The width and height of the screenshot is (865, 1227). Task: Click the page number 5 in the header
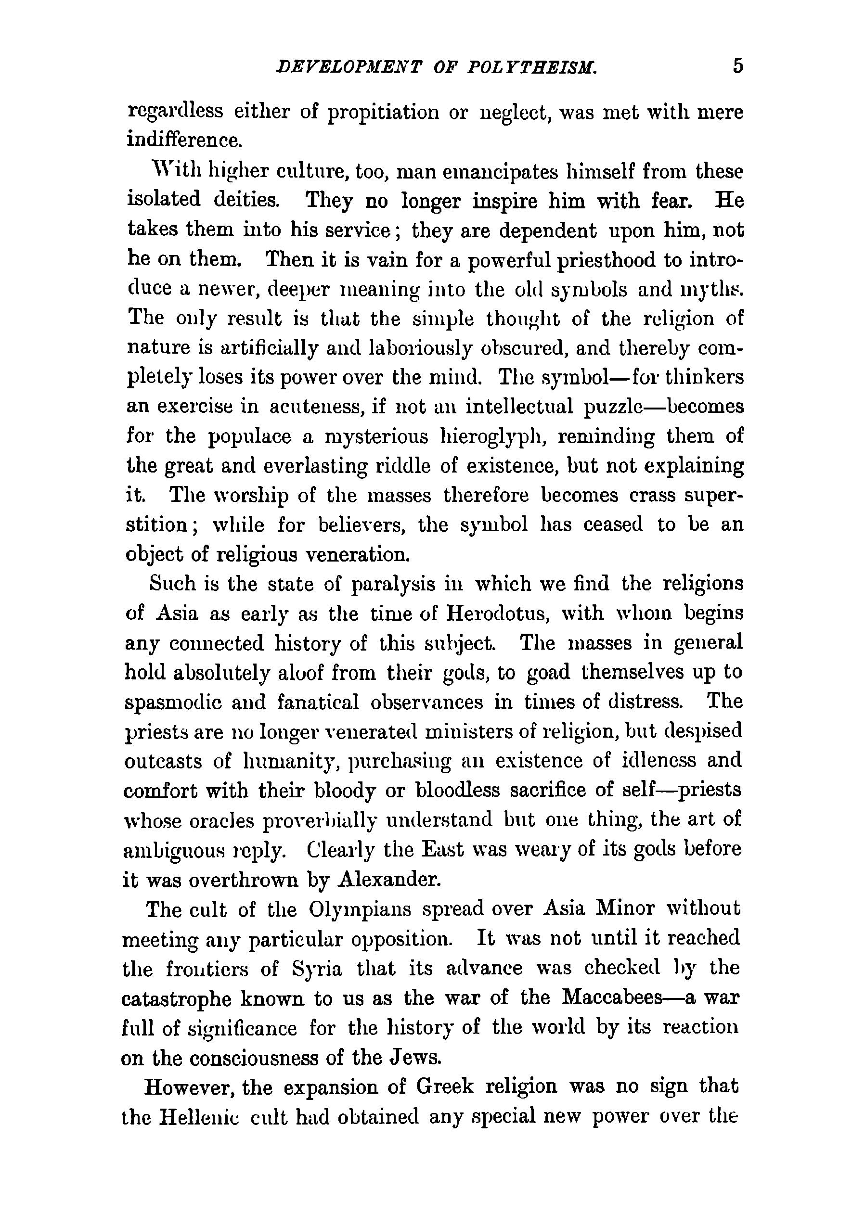pyautogui.click(x=738, y=67)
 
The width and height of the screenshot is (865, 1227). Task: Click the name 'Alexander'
pyautogui.click(x=390, y=879)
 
